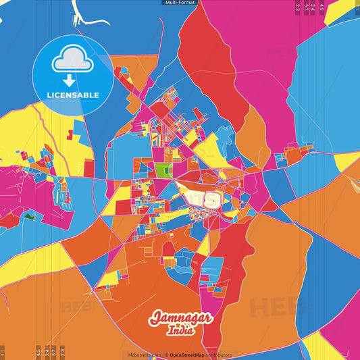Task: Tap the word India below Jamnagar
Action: click(x=180, y=331)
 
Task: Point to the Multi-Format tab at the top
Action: click(x=180, y=3)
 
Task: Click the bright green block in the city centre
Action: click(x=162, y=170)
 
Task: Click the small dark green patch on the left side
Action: click(x=30, y=217)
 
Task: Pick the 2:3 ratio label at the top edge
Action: click(x=298, y=8)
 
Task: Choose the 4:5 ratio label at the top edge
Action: click(x=322, y=8)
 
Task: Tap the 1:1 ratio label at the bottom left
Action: click(x=3, y=353)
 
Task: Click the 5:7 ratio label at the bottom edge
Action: click(x=55, y=353)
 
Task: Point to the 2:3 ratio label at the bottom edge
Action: click(x=62, y=353)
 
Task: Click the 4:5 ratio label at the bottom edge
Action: click(x=38, y=353)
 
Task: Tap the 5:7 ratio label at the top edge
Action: click(x=307, y=8)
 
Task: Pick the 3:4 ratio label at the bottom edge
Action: click(x=47, y=353)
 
